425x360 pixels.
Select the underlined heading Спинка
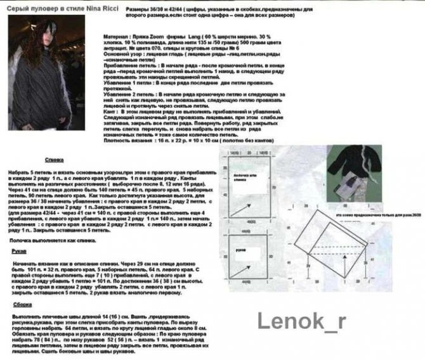click(54, 160)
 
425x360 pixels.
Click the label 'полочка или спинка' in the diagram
click(244, 176)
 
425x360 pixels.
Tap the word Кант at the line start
click(109, 109)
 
